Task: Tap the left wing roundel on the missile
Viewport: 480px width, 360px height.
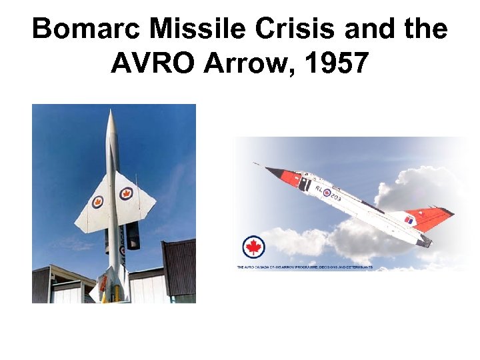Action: (98, 201)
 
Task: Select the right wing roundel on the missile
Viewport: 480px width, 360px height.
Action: (126, 193)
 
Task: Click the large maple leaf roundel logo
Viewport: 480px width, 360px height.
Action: (253, 247)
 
